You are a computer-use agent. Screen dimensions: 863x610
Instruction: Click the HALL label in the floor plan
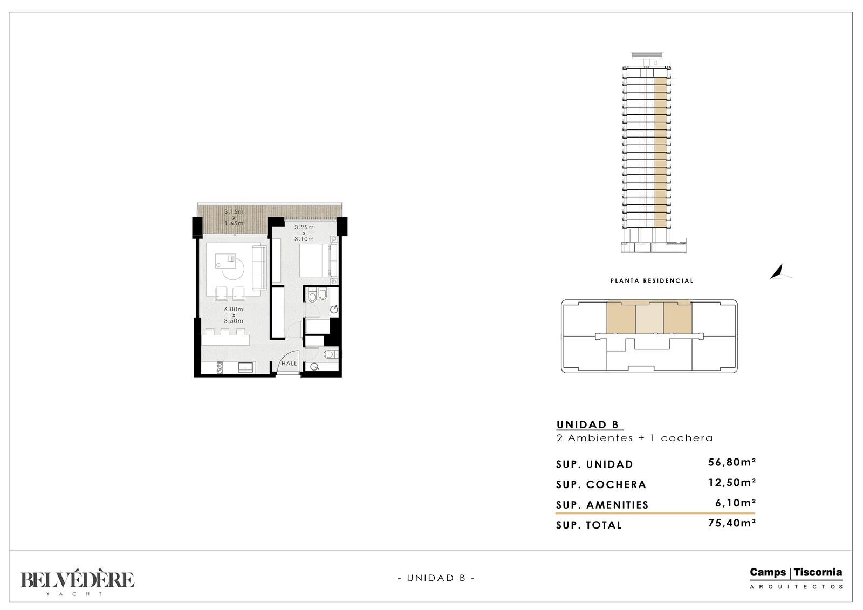coord(289,364)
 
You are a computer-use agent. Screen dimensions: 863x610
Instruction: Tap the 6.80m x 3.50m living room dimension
coord(234,315)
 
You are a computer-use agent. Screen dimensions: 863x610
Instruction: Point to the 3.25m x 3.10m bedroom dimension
coord(304,233)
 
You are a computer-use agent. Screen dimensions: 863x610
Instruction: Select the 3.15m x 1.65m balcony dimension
coord(234,217)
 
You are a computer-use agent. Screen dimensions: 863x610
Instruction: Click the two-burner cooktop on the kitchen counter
coord(220,368)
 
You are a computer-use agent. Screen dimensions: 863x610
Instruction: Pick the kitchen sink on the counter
coord(245,367)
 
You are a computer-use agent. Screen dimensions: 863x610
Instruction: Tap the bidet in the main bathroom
coord(323,295)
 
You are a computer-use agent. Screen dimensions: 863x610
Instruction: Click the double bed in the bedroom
coord(318,261)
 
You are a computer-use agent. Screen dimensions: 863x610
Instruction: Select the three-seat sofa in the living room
coord(259,268)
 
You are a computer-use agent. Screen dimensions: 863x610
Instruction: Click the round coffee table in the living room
coord(233,269)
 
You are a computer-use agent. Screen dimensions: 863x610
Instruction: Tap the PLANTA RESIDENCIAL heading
coord(652,281)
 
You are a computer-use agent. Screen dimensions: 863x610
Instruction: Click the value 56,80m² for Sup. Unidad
coord(731,462)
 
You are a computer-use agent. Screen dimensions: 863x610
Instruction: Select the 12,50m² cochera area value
coord(731,483)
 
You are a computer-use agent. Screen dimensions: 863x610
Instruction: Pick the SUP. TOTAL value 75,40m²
coord(731,523)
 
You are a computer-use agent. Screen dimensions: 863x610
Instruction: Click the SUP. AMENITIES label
coord(602,505)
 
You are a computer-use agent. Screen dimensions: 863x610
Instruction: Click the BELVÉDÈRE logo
coord(77,581)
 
